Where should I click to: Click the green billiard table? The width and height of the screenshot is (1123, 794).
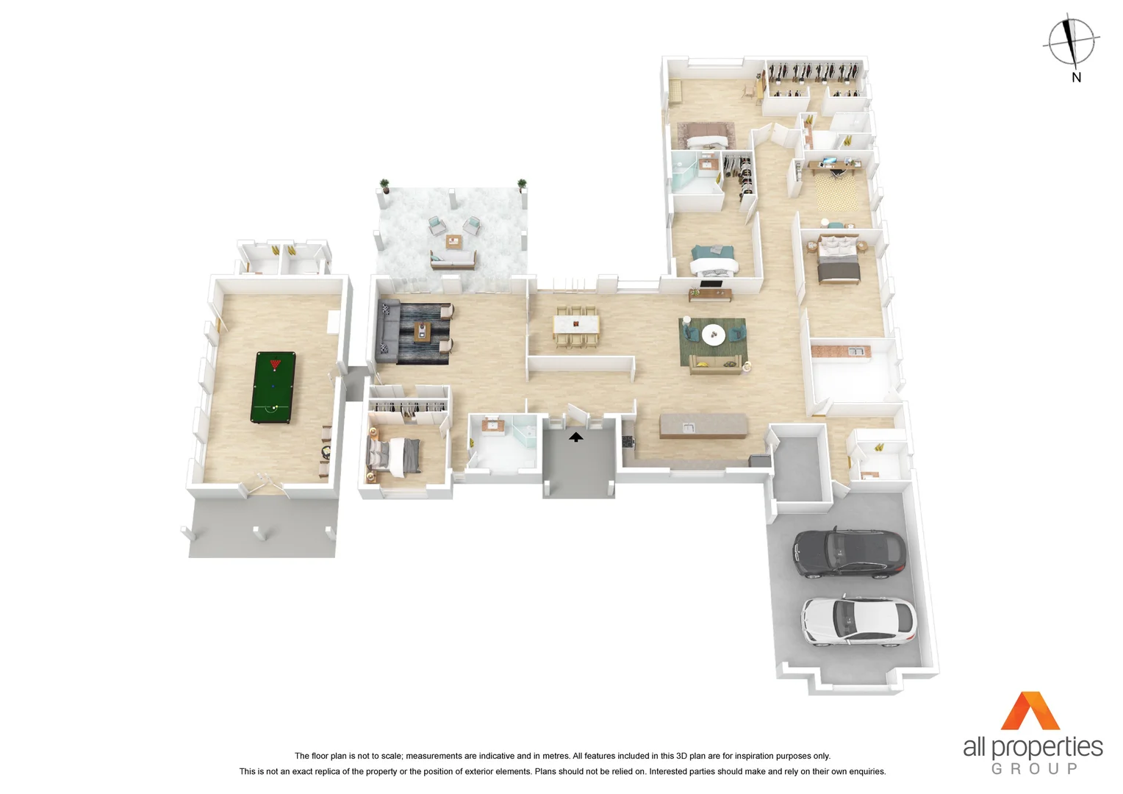273,387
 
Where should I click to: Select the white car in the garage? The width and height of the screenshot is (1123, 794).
858,621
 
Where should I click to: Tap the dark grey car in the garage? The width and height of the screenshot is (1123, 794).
849,553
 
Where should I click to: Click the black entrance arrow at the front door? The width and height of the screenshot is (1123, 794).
575,437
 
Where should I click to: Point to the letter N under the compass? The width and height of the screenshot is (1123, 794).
1076,77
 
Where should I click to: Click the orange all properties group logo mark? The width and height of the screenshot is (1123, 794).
1030,712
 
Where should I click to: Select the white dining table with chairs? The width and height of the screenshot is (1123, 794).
575,324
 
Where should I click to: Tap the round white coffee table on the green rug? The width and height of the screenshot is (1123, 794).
713,335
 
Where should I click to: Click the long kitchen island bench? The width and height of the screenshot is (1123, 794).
703,426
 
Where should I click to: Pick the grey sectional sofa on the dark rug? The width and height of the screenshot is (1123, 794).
387,332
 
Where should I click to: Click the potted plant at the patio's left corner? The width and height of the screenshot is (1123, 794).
384,185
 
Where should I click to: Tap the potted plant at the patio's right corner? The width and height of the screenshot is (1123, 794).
522,185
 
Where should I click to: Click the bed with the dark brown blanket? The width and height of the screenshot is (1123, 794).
839,260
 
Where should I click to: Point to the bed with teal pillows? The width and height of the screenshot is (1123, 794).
713,260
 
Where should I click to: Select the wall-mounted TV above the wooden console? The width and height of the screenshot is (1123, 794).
710,284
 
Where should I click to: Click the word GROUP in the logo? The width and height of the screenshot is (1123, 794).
1034,769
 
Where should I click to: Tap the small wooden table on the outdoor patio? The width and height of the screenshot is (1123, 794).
453,241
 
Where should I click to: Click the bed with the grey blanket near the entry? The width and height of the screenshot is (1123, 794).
395,456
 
